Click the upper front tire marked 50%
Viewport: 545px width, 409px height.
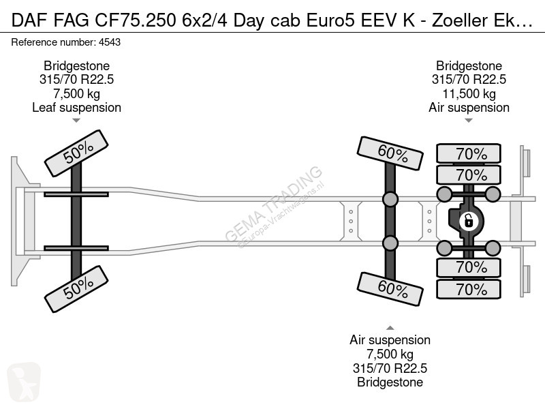[x=76, y=153]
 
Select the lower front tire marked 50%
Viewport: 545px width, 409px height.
[x=76, y=289]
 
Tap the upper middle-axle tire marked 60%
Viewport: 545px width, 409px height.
[x=390, y=153]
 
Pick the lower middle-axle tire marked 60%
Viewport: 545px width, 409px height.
[x=390, y=289]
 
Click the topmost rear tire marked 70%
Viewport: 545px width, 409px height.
[x=469, y=153]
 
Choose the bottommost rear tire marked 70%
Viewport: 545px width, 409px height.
[x=469, y=289]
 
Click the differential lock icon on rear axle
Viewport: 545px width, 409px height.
[x=468, y=221]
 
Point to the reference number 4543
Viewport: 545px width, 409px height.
[x=110, y=42]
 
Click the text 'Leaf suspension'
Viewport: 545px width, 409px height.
[x=76, y=108]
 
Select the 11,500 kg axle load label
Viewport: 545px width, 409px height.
[x=469, y=93]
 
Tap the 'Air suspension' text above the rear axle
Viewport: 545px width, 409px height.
[x=469, y=108]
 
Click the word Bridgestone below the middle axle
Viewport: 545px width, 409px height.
[x=390, y=382]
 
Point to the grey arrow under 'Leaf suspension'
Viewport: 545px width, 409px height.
[x=76, y=121]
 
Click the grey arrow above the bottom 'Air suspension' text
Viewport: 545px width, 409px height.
[x=390, y=328]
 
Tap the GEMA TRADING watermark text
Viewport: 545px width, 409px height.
[x=274, y=204]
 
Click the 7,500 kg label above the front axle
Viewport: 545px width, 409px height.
[x=76, y=93]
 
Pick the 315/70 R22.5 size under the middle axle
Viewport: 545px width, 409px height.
[x=390, y=368]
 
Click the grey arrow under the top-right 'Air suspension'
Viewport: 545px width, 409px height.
[x=469, y=121]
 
